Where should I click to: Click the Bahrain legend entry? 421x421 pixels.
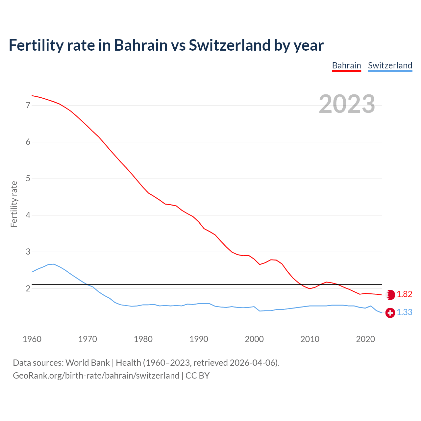coord(346,65)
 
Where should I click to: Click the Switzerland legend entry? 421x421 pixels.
coord(390,65)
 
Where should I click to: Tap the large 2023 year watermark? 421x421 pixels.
coord(347,104)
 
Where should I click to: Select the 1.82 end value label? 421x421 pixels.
coord(404,294)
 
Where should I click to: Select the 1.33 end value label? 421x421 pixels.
coord(404,312)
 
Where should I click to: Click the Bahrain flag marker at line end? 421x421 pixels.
coord(390,295)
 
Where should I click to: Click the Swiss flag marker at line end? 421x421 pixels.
coord(390,313)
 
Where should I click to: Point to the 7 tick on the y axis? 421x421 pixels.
coord(28,106)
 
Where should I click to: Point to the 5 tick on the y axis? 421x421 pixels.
coord(28,179)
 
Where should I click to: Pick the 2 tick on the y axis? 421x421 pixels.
coord(28,289)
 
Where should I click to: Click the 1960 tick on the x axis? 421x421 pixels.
coord(32,339)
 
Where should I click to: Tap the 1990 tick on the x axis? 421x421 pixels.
coord(199,339)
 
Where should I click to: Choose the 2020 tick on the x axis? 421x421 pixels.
coord(365,339)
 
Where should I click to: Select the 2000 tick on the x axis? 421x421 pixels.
coord(254,339)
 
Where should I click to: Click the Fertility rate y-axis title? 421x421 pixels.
coord(14,204)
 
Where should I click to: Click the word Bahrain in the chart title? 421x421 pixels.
coord(141,45)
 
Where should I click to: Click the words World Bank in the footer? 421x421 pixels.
coord(87,363)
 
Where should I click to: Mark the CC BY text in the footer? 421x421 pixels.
coord(197,376)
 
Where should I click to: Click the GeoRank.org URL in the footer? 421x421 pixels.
coord(96,376)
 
